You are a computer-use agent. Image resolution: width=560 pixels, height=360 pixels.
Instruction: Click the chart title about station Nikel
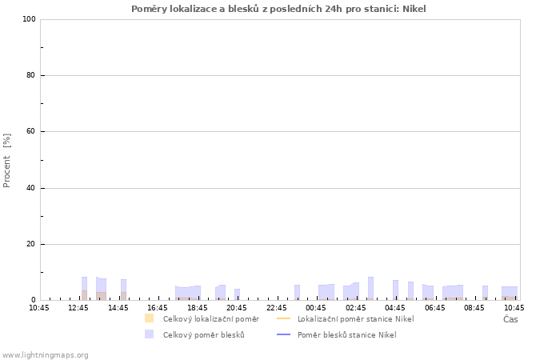pyautogui.click(x=278, y=9)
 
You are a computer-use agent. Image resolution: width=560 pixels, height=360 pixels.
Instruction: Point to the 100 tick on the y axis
pyautogui.click(x=30, y=19)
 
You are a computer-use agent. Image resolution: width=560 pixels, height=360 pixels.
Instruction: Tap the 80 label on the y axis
pyautogui.click(x=31, y=75)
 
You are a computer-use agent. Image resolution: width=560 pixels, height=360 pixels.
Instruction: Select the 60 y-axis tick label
pyautogui.click(x=31, y=131)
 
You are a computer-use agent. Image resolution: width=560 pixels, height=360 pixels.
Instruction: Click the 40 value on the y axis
pyautogui.click(x=31, y=188)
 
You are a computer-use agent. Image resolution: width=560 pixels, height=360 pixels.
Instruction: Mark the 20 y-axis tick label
pyautogui.click(x=31, y=244)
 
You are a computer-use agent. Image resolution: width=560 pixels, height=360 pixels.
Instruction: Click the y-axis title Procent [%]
pyautogui.click(x=6, y=160)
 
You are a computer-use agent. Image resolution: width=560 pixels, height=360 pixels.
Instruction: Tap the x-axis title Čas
pyautogui.click(x=510, y=319)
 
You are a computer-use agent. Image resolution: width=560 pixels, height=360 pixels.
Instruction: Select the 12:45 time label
pyautogui.click(x=78, y=308)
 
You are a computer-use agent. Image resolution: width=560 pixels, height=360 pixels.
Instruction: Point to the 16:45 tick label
pyautogui.click(x=158, y=308)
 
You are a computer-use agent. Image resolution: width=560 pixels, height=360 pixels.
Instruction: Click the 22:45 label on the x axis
pyautogui.click(x=277, y=308)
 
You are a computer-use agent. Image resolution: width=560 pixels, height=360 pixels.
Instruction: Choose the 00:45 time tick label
pyautogui.click(x=316, y=308)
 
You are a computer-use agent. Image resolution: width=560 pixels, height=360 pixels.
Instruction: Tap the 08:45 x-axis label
pyautogui.click(x=474, y=308)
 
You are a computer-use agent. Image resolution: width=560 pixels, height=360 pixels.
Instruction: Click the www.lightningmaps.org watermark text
pyautogui.click(x=45, y=355)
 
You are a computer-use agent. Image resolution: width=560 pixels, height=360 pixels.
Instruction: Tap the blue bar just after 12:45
pyautogui.click(x=84, y=288)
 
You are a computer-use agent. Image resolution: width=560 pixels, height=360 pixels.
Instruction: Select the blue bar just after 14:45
pyautogui.click(x=123, y=290)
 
